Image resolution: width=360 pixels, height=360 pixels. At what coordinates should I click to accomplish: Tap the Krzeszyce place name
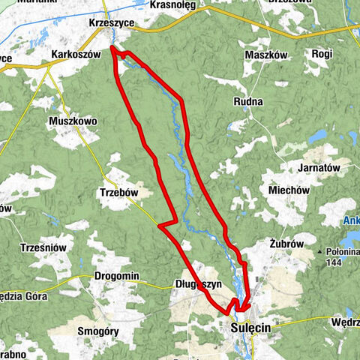111,23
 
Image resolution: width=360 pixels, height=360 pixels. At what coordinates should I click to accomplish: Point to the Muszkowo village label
73,120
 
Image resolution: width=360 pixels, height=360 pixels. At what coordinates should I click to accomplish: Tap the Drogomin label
117,276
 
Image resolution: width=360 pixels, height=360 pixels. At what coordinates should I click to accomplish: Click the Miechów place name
289,190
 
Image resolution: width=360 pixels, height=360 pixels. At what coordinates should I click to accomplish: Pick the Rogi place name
323,54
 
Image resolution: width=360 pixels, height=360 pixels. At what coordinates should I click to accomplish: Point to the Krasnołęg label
172,5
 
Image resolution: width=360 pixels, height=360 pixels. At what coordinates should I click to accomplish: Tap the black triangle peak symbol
320,252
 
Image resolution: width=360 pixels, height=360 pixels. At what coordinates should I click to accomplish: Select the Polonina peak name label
343,252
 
